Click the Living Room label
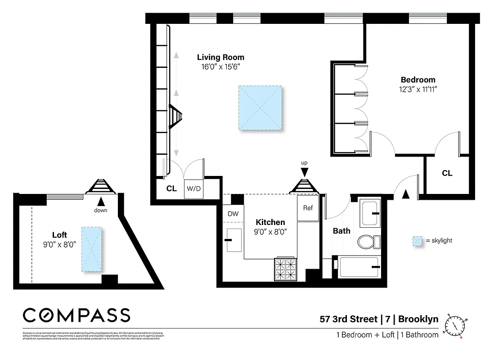click(220, 57)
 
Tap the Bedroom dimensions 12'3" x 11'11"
click(418, 89)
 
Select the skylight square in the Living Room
click(261, 108)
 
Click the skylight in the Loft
click(91, 249)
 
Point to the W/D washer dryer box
click(194, 189)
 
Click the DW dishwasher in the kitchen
click(233, 214)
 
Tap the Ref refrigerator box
click(308, 208)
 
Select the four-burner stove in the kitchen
click(286, 269)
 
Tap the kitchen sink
click(234, 240)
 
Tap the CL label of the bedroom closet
click(447, 173)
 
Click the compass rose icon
click(455, 325)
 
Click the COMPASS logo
click(76, 315)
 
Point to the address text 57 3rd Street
click(348, 319)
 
